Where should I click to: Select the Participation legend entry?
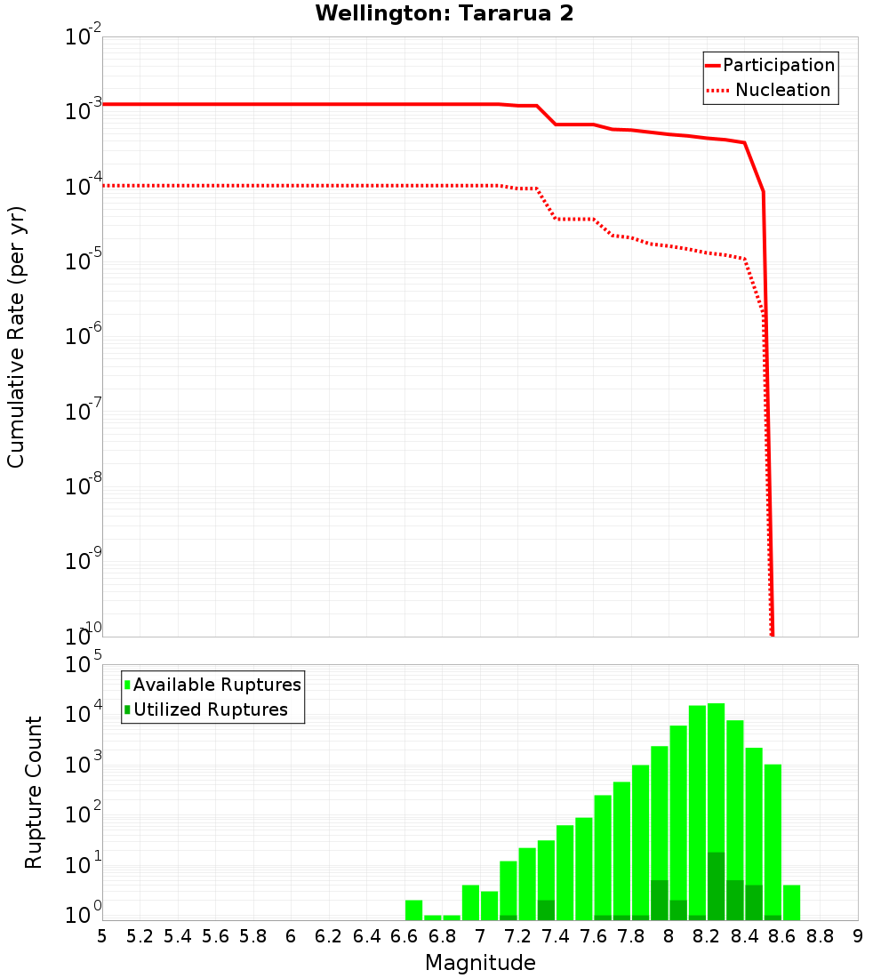pos(778,65)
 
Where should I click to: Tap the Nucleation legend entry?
pos(781,90)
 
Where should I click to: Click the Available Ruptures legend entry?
pos(217,685)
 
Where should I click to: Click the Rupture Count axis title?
pos(34,792)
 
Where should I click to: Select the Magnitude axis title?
pos(480,963)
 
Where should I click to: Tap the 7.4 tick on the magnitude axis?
pos(556,936)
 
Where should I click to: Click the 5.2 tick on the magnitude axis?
pos(140,936)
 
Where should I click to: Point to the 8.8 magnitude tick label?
pos(821,936)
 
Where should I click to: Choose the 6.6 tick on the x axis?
pos(404,936)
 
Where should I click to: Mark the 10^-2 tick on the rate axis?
pos(83,38)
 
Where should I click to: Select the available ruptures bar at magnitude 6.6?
pos(413,910)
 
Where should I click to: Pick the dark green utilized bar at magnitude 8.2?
pos(716,886)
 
